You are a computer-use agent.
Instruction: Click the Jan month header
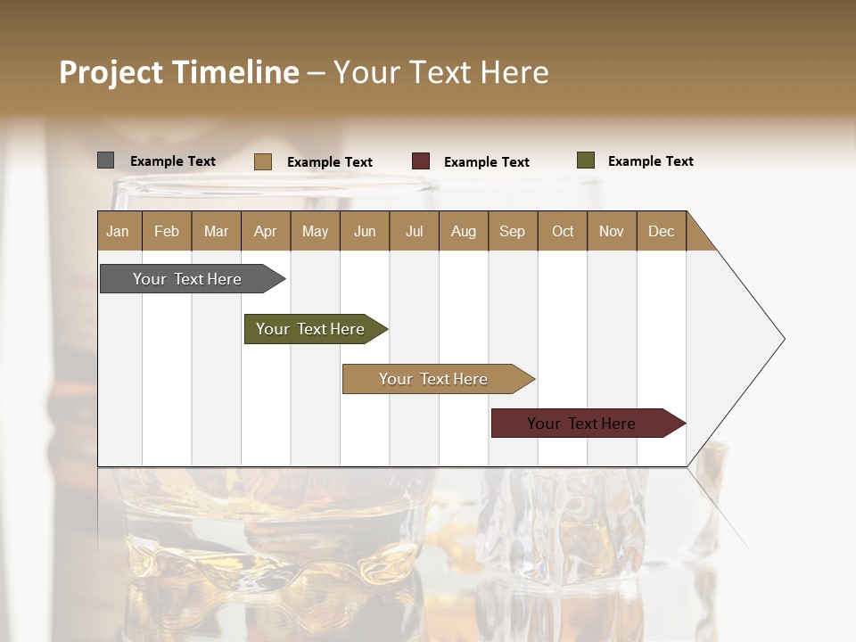(119, 231)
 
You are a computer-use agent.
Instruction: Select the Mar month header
(216, 231)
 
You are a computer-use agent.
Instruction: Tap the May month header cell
(315, 231)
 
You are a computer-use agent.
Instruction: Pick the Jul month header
(414, 231)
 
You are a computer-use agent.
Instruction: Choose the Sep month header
(512, 231)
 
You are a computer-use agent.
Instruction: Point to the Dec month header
(661, 231)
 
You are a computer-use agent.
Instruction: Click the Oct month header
(562, 231)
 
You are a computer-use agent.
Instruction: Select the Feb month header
(167, 231)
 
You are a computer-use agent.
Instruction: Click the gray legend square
(105, 160)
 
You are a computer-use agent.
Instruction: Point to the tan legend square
(262, 161)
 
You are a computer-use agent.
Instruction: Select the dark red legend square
(420, 161)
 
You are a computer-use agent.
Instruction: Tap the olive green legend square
(585, 160)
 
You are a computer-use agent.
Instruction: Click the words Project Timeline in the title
(178, 72)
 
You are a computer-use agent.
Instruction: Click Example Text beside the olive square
(650, 161)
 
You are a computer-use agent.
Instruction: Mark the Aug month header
(463, 231)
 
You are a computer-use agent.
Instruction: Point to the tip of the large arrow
(783, 339)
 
